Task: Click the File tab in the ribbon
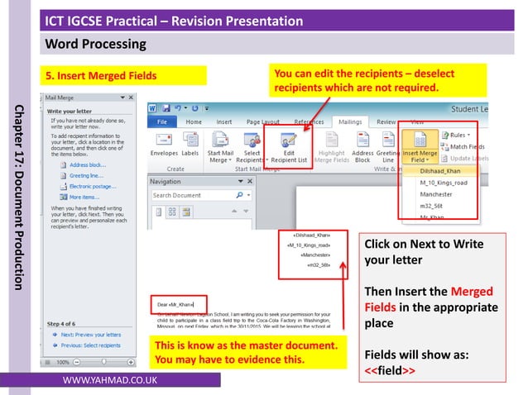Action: [x=162, y=121]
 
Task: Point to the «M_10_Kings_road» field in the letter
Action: [x=308, y=245]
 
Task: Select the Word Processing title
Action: [x=96, y=42]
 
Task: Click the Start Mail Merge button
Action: [x=219, y=149]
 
